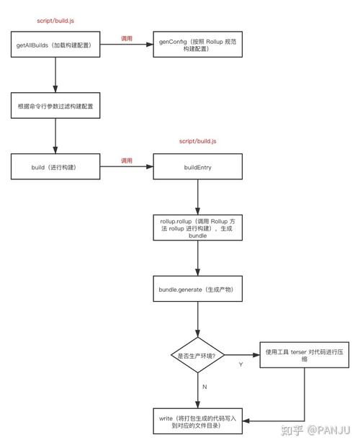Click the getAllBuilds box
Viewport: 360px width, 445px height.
click(55, 45)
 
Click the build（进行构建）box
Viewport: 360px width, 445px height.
click(55, 167)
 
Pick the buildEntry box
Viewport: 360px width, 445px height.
click(197, 167)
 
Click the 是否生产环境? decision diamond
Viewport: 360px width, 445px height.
click(197, 354)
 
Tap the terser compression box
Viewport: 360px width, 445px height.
click(303, 354)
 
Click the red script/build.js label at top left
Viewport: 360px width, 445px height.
click(55, 21)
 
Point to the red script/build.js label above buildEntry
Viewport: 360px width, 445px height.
click(197, 141)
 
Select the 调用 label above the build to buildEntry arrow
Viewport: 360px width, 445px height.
click(126, 160)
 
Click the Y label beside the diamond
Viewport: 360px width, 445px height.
click(240, 364)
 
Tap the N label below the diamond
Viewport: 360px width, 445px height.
click(204, 387)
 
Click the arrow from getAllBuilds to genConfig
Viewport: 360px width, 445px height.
click(126, 45)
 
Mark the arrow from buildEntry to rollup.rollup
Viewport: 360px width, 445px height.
click(197, 196)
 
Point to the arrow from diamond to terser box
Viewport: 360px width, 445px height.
click(241, 354)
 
